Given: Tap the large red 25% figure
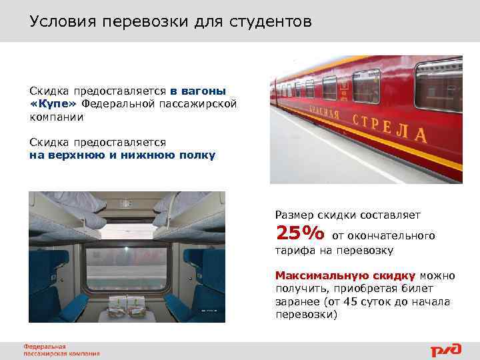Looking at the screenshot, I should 300,233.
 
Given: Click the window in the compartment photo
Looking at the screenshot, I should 127,270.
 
